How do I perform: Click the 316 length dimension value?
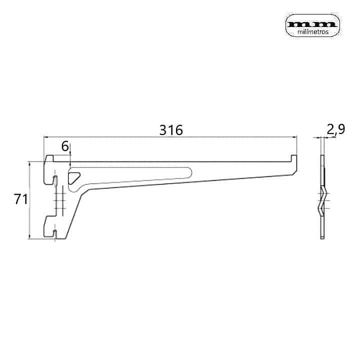[x=171, y=130]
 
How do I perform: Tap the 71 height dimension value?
[x=20, y=199]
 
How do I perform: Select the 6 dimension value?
[x=65, y=146]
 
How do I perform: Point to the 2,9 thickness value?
[x=335, y=129]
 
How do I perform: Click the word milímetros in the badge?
[x=313, y=32]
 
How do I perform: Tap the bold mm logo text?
[x=312, y=24]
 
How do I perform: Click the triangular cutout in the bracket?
[x=74, y=177]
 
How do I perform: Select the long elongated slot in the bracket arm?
[x=130, y=179]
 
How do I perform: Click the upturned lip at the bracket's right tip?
[x=294, y=158]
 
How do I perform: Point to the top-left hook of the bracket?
[x=49, y=158]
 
